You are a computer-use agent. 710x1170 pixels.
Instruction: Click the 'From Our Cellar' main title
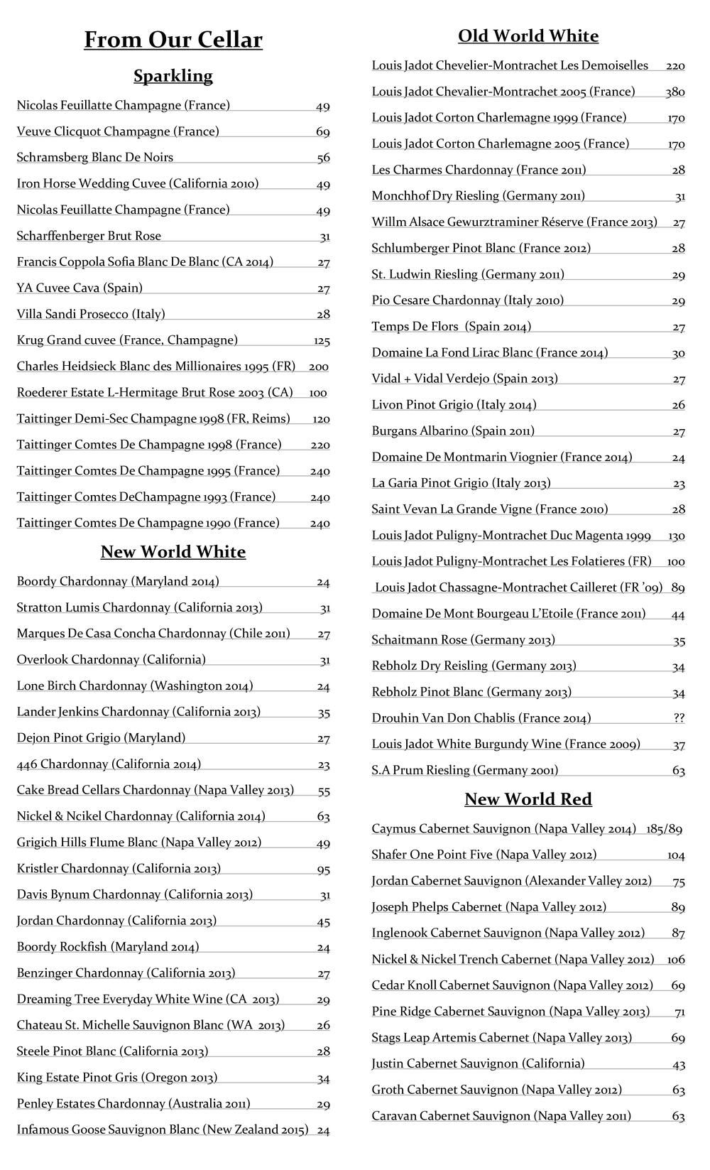[x=173, y=40]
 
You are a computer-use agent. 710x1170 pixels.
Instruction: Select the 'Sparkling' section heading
[x=173, y=76]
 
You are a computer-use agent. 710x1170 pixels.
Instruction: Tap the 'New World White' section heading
[x=173, y=552]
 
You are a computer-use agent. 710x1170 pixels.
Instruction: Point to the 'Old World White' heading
[x=528, y=36]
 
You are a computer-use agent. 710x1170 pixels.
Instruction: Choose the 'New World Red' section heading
[x=528, y=799]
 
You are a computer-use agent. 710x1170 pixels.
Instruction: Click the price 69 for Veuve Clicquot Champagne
[x=323, y=132]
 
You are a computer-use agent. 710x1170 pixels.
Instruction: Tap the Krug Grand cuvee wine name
[x=127, y=340]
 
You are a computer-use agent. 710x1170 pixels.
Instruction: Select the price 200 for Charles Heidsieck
[x=319, y=367]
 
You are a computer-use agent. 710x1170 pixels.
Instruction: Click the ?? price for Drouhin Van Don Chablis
[x=679, y=718]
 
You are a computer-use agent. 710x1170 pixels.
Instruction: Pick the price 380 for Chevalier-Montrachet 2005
[x=675, y=92]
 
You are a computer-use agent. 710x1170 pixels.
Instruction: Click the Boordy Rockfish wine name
[x=108, y=947]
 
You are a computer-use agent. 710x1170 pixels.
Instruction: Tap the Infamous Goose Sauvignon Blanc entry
[x=163, y=1130]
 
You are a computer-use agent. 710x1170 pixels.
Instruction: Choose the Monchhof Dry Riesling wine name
[x=479, y=196]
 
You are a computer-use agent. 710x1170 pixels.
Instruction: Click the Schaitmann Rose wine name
[x=464, y=640]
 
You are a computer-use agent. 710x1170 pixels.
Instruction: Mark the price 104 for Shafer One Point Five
[x=676, y=855]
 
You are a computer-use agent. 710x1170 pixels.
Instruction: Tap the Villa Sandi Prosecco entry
[x=91, y=314]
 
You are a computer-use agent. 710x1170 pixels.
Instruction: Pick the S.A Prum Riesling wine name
[x=465, y=770]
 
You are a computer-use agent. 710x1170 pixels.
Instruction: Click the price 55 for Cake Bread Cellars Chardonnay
[x=323, y=791]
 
